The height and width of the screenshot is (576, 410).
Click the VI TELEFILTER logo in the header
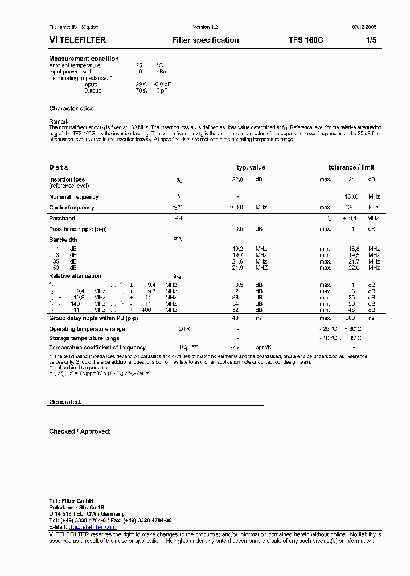77,40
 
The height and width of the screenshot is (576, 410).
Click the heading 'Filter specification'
205,40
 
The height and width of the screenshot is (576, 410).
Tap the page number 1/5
371,40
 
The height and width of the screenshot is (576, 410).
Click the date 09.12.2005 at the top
364,27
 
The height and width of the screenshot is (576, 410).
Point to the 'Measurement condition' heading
84,59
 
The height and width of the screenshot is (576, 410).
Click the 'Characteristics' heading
71,109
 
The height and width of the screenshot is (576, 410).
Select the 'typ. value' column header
251,167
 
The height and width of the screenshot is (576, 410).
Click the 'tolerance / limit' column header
351,167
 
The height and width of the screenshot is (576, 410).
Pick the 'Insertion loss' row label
67,179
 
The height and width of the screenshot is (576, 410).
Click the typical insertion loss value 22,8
237,179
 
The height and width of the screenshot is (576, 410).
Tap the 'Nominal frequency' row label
73,197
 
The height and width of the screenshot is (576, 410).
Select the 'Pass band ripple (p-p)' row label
77,229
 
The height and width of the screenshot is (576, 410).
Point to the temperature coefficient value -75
233,347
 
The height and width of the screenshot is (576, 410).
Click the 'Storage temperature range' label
84,338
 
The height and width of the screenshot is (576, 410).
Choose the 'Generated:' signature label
65,402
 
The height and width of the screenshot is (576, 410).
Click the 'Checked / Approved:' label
80,431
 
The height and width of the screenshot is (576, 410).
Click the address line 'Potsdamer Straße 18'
76,507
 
